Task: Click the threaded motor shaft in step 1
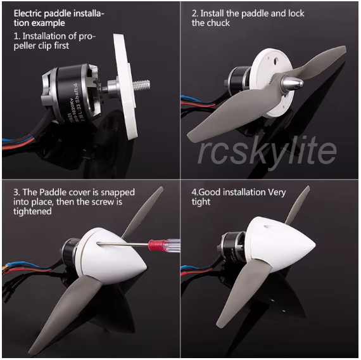tap(141, 84)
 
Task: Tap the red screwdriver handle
tap(157, 245)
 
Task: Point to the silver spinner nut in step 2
tap(293, 83)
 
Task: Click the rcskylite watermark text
tap(267, 151)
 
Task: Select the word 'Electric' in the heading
tap(28, 13)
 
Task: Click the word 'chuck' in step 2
tap(219, 23)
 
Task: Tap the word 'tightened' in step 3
tap(32, 211)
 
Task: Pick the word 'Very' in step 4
tap(277, 192)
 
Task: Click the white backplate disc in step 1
tap(125, 87)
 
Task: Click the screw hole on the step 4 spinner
tap(269, 226)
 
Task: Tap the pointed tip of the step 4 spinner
tap(314, 244)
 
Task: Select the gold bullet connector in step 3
tap(4, 268)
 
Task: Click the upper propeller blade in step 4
tap(298, 205)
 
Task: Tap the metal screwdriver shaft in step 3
tap(123, 243)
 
